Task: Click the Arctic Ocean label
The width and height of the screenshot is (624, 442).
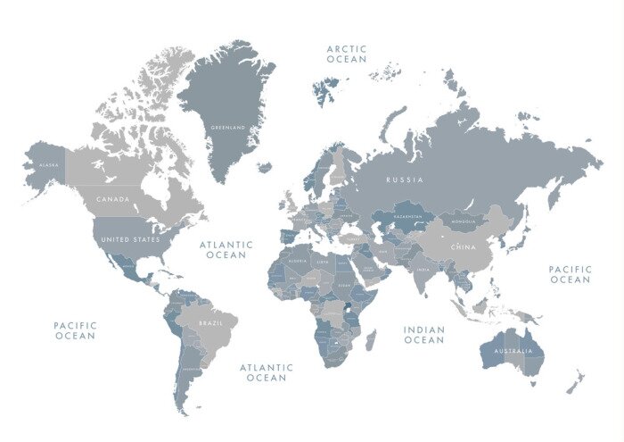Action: click(346, 54)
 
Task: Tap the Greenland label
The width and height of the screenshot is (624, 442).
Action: click(227, 128)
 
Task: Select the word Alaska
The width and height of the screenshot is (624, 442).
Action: click(48, 165)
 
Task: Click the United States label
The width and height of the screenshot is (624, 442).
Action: click(130, 239)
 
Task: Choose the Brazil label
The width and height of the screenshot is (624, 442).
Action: click(210, 322)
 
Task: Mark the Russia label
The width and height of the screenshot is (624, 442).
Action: click(405, 179)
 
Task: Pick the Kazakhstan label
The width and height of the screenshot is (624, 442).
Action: click(407, 217)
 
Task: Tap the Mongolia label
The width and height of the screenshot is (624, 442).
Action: click(463, 221)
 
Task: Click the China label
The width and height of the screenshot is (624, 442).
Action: click(464, 246)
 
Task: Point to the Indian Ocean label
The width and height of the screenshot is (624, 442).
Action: click(423, 335)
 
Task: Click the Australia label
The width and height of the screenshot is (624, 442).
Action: click(512, 349)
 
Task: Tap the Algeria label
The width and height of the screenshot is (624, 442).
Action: click(297, 261)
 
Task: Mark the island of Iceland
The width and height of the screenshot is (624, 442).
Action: click(264, 166)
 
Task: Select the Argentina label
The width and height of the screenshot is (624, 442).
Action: click(190, 368)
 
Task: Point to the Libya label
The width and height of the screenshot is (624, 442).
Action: click(323, 262)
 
